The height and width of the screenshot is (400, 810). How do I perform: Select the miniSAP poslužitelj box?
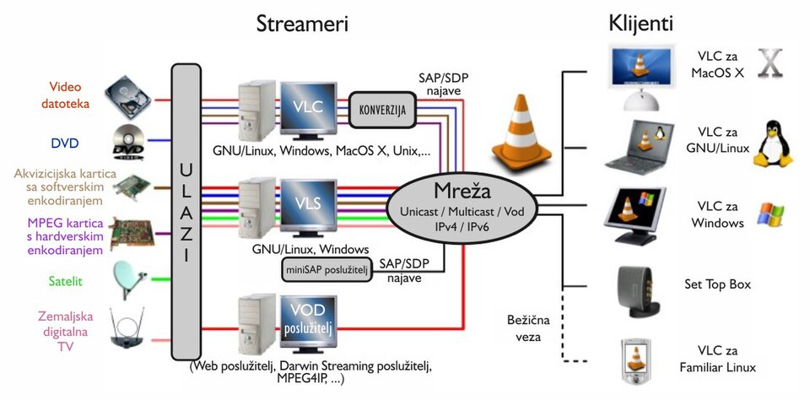(x=322, y=268)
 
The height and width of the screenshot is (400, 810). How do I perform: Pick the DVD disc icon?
(x=128, y=141)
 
